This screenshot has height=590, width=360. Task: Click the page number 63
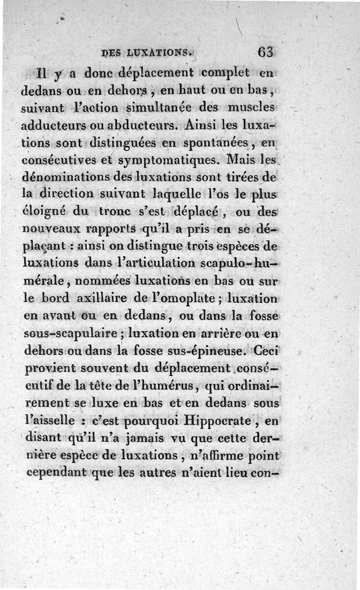tap(265, 52)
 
